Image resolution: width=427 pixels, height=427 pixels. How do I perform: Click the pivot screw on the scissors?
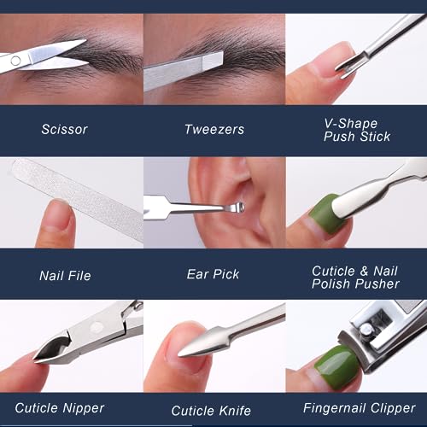coord(15,61)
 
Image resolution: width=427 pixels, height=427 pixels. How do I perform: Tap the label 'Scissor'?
coord(64,129)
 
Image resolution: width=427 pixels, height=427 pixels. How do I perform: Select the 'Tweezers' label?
coord(214,129)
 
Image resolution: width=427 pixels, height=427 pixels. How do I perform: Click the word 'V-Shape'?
coord(351,124)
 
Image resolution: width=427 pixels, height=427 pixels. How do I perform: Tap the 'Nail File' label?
coord(65,276)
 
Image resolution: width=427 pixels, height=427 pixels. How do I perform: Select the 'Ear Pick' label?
coord(213,274)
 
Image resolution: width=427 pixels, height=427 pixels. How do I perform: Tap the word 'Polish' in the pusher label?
coord(331,284)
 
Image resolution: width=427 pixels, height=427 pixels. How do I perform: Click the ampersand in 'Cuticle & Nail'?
coord(364,271)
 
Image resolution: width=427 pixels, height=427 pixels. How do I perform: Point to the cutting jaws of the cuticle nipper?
coord(53,349)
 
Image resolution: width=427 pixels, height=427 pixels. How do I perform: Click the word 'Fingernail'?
coord(335,408)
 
